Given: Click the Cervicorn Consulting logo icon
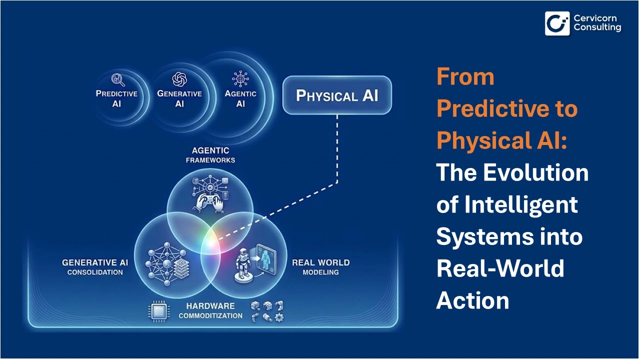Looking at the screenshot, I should click(557, 23).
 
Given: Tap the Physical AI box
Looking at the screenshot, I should click(337, 95).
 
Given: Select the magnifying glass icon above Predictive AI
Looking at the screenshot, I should click(118, 80).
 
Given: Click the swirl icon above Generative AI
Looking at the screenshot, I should click(179, 79).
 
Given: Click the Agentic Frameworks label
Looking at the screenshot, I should click(210, 155).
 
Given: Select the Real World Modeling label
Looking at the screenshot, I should click(320, 267).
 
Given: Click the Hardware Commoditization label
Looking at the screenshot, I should click(210, 310).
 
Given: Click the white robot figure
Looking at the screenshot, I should click(243, 263).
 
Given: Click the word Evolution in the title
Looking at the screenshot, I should click(535, 172).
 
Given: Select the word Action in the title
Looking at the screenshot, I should click(472, 300).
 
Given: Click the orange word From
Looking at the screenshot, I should click(465, 76).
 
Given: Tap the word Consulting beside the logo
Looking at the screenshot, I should click(597, 27).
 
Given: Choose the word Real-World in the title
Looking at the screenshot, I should click(500, 268).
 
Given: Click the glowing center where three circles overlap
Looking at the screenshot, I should click(210, 243).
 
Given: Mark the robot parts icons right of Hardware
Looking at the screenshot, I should click(267, 311).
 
